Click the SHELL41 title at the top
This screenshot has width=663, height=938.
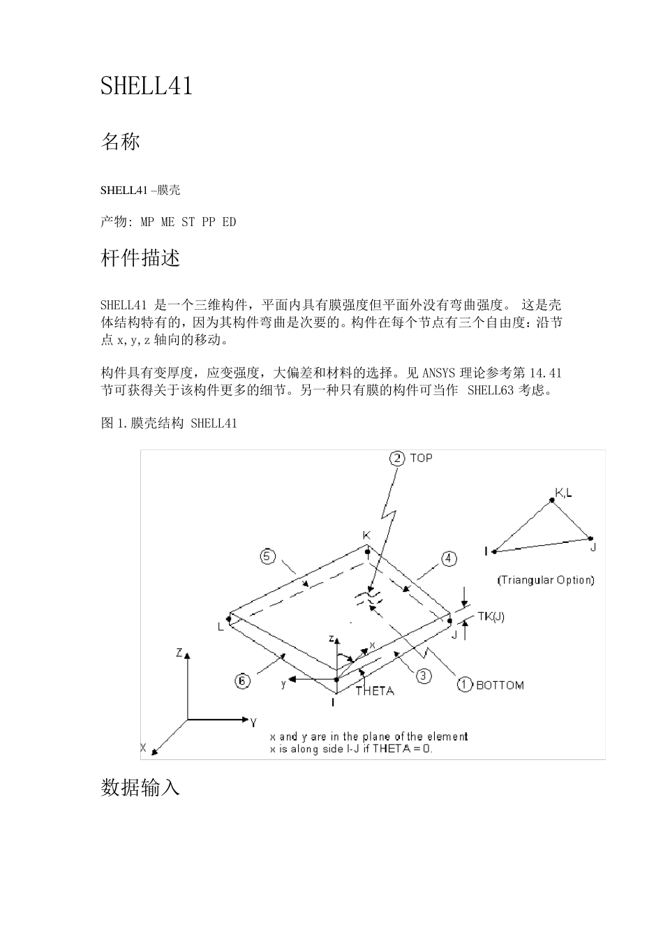pyautogui.click(x=147, y=86)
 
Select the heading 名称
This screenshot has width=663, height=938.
pyautogui.click(x=121, y=142)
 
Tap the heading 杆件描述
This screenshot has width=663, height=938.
pyautogui.click(x=141, y=258)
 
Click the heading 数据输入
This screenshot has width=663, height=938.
pyautogui.click(x=141, y=788)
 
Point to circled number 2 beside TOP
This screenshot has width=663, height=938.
pyautogui.click(x=397, y=458)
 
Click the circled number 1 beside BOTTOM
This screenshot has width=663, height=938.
pyautogui.click(x=465, y=685)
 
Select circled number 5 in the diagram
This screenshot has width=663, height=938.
pyautogui.click(x=267, y=556)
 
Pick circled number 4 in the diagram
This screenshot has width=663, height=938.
pyautogui.click(x=449, y=558)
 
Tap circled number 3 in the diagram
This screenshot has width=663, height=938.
pyautogui.click(x=424, y=676)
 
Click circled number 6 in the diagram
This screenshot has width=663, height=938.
pyautogui.click(x=242, y=680)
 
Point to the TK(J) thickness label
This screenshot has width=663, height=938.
pyautogui.click(x=491, y=617)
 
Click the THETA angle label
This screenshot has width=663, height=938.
pyautogui.click(x=375, y=691)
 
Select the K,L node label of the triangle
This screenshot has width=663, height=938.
pyautogui.click(x=564, y=493)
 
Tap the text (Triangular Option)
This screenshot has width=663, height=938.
pyautogui.click(x=546, y=580)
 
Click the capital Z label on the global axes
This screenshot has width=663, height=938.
pyautogui.click(x=179, y=653)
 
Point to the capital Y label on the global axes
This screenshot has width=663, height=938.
pyautogui.click(x=253, y=722)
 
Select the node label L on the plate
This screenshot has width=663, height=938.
pyautogui.click(x=221, y=627)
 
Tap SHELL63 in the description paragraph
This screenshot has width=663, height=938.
pyautogui.click(x=492, y=390)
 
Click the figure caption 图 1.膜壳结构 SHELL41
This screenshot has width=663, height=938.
pyautogui.click(x=169, y=423)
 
